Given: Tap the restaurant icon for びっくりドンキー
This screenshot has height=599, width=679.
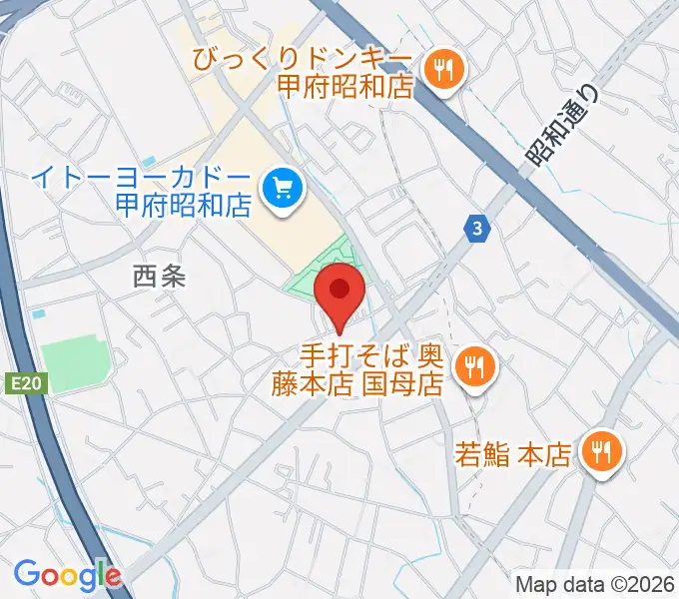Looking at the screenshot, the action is pos(440,69).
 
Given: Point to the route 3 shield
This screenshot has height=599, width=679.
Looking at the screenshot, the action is pos(479,230).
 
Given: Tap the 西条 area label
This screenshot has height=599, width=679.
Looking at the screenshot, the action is pos(160,277).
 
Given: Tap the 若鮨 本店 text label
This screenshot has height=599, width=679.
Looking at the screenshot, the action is pos(512,456).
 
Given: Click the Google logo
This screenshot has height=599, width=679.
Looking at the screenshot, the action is pos(67,574).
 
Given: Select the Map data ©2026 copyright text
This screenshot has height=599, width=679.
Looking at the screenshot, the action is pos(593,583).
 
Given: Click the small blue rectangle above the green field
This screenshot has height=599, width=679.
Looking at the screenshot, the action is pos(39,313).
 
